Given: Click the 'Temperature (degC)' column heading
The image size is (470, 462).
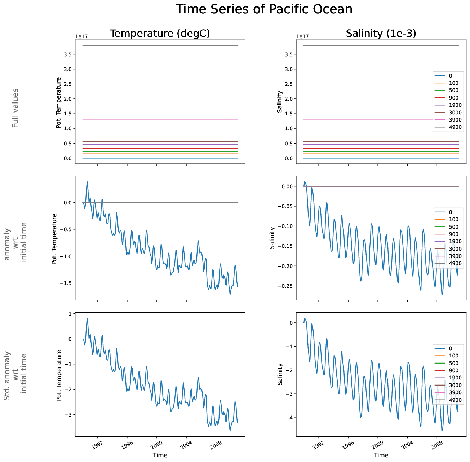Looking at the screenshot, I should (x=160, y=34).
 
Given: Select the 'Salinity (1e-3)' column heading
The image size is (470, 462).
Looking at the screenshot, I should (x=381, y=34).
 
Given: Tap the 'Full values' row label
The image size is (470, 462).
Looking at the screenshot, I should (x=15, y=108).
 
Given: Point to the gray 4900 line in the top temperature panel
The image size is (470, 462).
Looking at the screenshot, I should (x=160, y=45).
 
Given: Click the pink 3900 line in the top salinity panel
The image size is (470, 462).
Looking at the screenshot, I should (x=360, y=119).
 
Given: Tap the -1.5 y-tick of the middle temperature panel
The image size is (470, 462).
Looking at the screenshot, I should (x=66, y=283).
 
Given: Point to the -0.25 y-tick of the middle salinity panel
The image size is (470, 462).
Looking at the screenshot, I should (x=285, y=286).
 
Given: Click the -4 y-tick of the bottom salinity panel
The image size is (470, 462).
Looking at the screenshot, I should (x=290, y=418).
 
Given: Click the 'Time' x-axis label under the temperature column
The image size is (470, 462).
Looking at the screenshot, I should (x=160, y=455).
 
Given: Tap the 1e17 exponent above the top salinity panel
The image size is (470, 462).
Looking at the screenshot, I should (x=302, y=36).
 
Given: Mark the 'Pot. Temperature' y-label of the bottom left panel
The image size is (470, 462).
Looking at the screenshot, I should (x=59, y=375).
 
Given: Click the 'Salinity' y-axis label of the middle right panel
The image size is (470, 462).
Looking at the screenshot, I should (x=272, y=238).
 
